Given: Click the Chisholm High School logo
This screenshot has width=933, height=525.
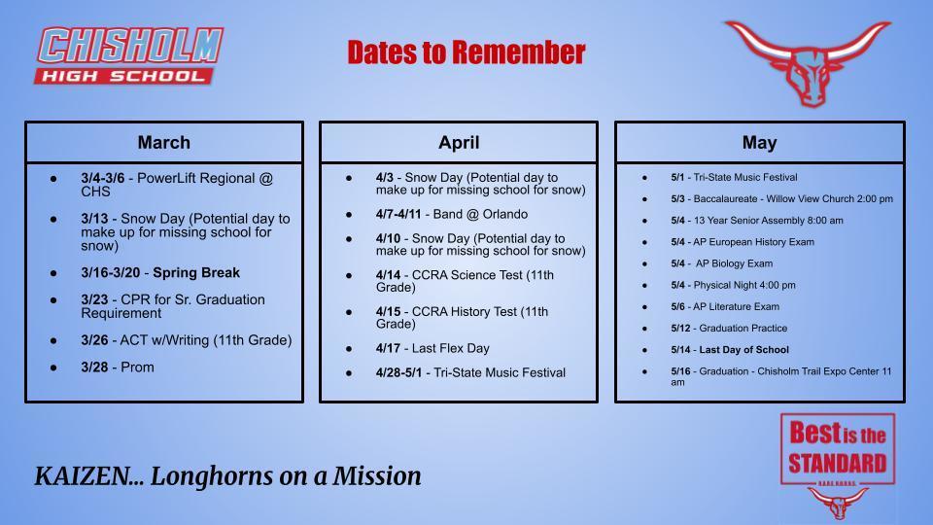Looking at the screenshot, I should coord(128,55).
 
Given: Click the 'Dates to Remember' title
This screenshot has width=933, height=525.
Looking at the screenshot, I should coord(466,52).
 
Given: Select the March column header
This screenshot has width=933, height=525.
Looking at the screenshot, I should coord(163,142).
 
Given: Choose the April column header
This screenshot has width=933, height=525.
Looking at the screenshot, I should coord(459,142).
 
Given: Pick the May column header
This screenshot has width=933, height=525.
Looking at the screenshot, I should coord(759,142).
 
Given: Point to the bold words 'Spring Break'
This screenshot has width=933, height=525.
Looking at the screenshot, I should coord(196,272).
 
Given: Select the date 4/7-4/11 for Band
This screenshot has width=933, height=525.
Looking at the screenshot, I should coord(398,214).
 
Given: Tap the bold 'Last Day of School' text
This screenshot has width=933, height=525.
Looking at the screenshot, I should coord(743,349).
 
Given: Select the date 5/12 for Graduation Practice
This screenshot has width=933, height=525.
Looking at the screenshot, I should coord(680,328).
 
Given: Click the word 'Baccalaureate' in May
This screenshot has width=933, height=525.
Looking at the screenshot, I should coord(731,198).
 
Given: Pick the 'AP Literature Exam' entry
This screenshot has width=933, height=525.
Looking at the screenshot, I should coord(736,306).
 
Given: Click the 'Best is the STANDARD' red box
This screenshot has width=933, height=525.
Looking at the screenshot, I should coord(837,448).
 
